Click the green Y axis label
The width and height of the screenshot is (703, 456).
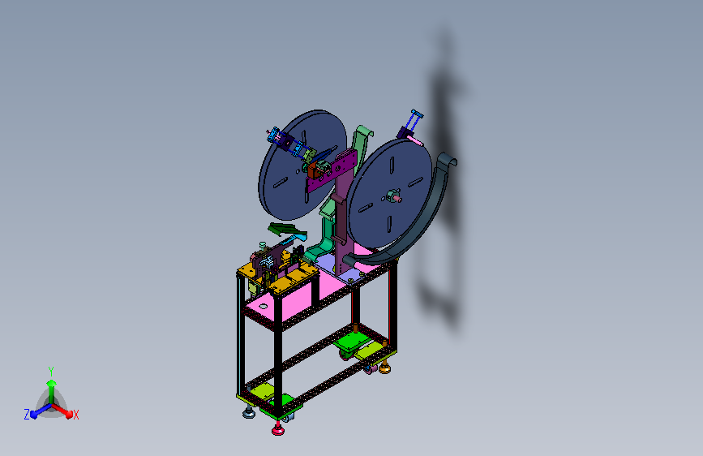51,371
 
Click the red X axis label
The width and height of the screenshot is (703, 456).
75,415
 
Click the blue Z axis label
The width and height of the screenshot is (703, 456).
27,415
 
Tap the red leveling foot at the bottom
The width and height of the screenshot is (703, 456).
278,431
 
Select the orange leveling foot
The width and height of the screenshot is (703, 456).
384,368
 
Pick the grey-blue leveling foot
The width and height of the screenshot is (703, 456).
249,412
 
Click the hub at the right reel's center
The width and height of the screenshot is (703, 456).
393,196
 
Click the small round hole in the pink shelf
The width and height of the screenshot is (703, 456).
264,307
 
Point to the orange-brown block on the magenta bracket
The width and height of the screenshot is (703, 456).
317,170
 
